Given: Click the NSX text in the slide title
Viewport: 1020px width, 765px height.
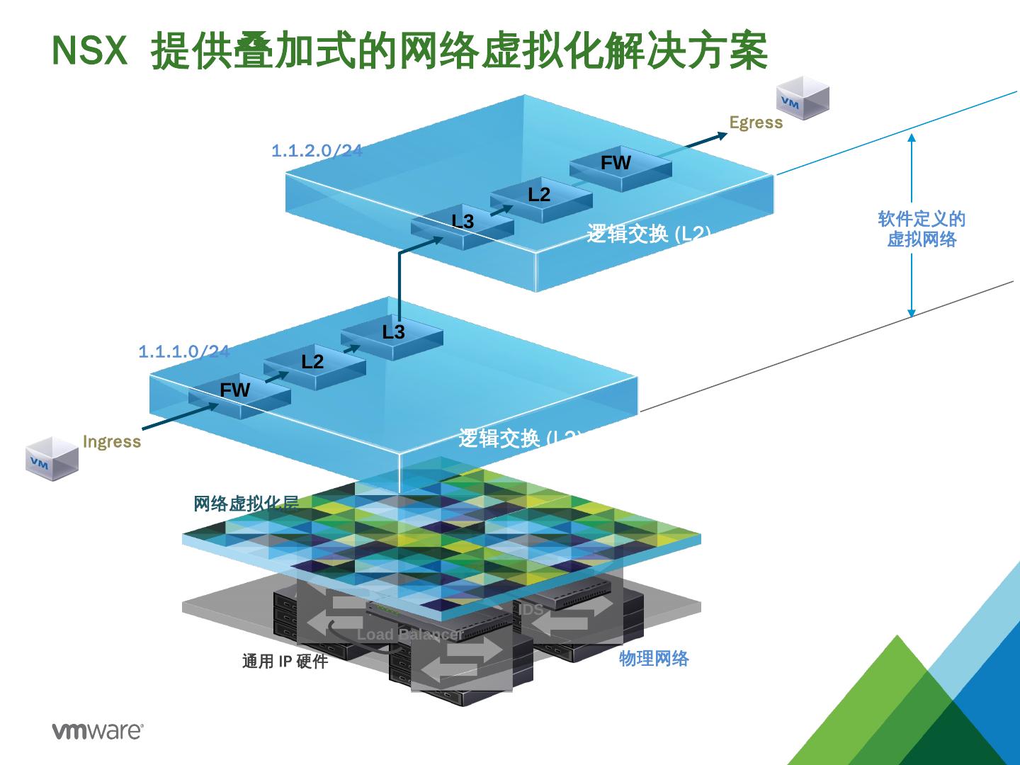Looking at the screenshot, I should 90,51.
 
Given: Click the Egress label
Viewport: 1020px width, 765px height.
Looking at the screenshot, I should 756,123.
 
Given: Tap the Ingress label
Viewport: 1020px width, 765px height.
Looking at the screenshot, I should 112,442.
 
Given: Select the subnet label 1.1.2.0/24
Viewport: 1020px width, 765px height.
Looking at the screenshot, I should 317,151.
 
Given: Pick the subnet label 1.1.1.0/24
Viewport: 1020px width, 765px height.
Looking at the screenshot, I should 183,352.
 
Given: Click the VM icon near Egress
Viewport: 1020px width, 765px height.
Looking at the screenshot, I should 803,98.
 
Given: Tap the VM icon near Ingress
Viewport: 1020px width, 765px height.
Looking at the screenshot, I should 52,459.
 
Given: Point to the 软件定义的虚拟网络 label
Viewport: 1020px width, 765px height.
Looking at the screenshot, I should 922,229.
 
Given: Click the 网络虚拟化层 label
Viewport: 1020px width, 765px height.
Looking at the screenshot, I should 246,504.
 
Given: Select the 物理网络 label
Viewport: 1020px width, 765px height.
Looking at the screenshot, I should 654,659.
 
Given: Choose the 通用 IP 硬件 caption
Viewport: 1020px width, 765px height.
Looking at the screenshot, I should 285,662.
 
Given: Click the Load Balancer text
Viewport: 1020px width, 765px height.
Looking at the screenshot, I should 409,635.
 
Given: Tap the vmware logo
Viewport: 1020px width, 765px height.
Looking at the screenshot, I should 98,731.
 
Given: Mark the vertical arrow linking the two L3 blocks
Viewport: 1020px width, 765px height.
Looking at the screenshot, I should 399,283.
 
